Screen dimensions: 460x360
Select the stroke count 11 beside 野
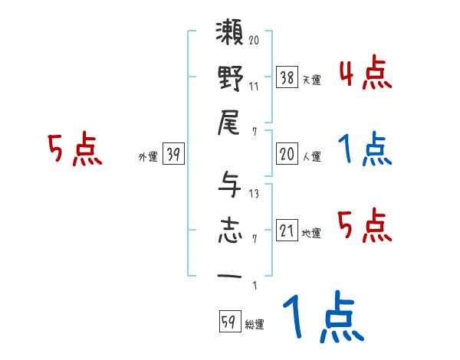(254, 86)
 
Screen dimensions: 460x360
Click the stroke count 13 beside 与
(254, 193)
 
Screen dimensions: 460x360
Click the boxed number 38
(287, 76)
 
